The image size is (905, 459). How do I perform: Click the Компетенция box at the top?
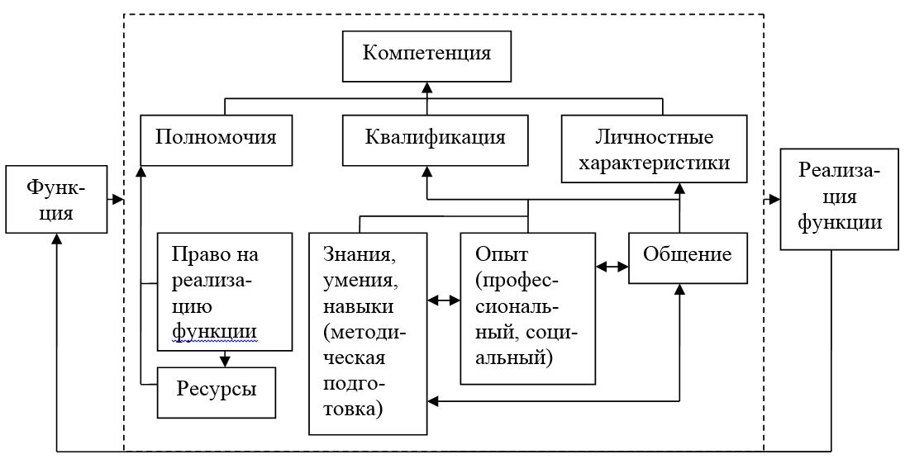[x=427, y=55]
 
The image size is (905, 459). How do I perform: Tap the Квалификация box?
[x=435, y=137]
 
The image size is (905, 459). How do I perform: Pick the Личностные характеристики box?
[x=654, y=149]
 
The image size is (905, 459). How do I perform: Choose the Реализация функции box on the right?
[x=840, y=198]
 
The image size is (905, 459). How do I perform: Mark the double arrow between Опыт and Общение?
[x=612, y=267]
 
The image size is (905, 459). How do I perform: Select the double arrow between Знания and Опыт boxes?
[x=444, y=300]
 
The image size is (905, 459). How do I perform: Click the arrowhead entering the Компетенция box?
[x=427, y=86]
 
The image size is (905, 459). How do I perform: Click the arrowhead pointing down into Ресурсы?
[x=223, y=359]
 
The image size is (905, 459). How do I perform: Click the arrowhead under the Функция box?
[x=56, y=238]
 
